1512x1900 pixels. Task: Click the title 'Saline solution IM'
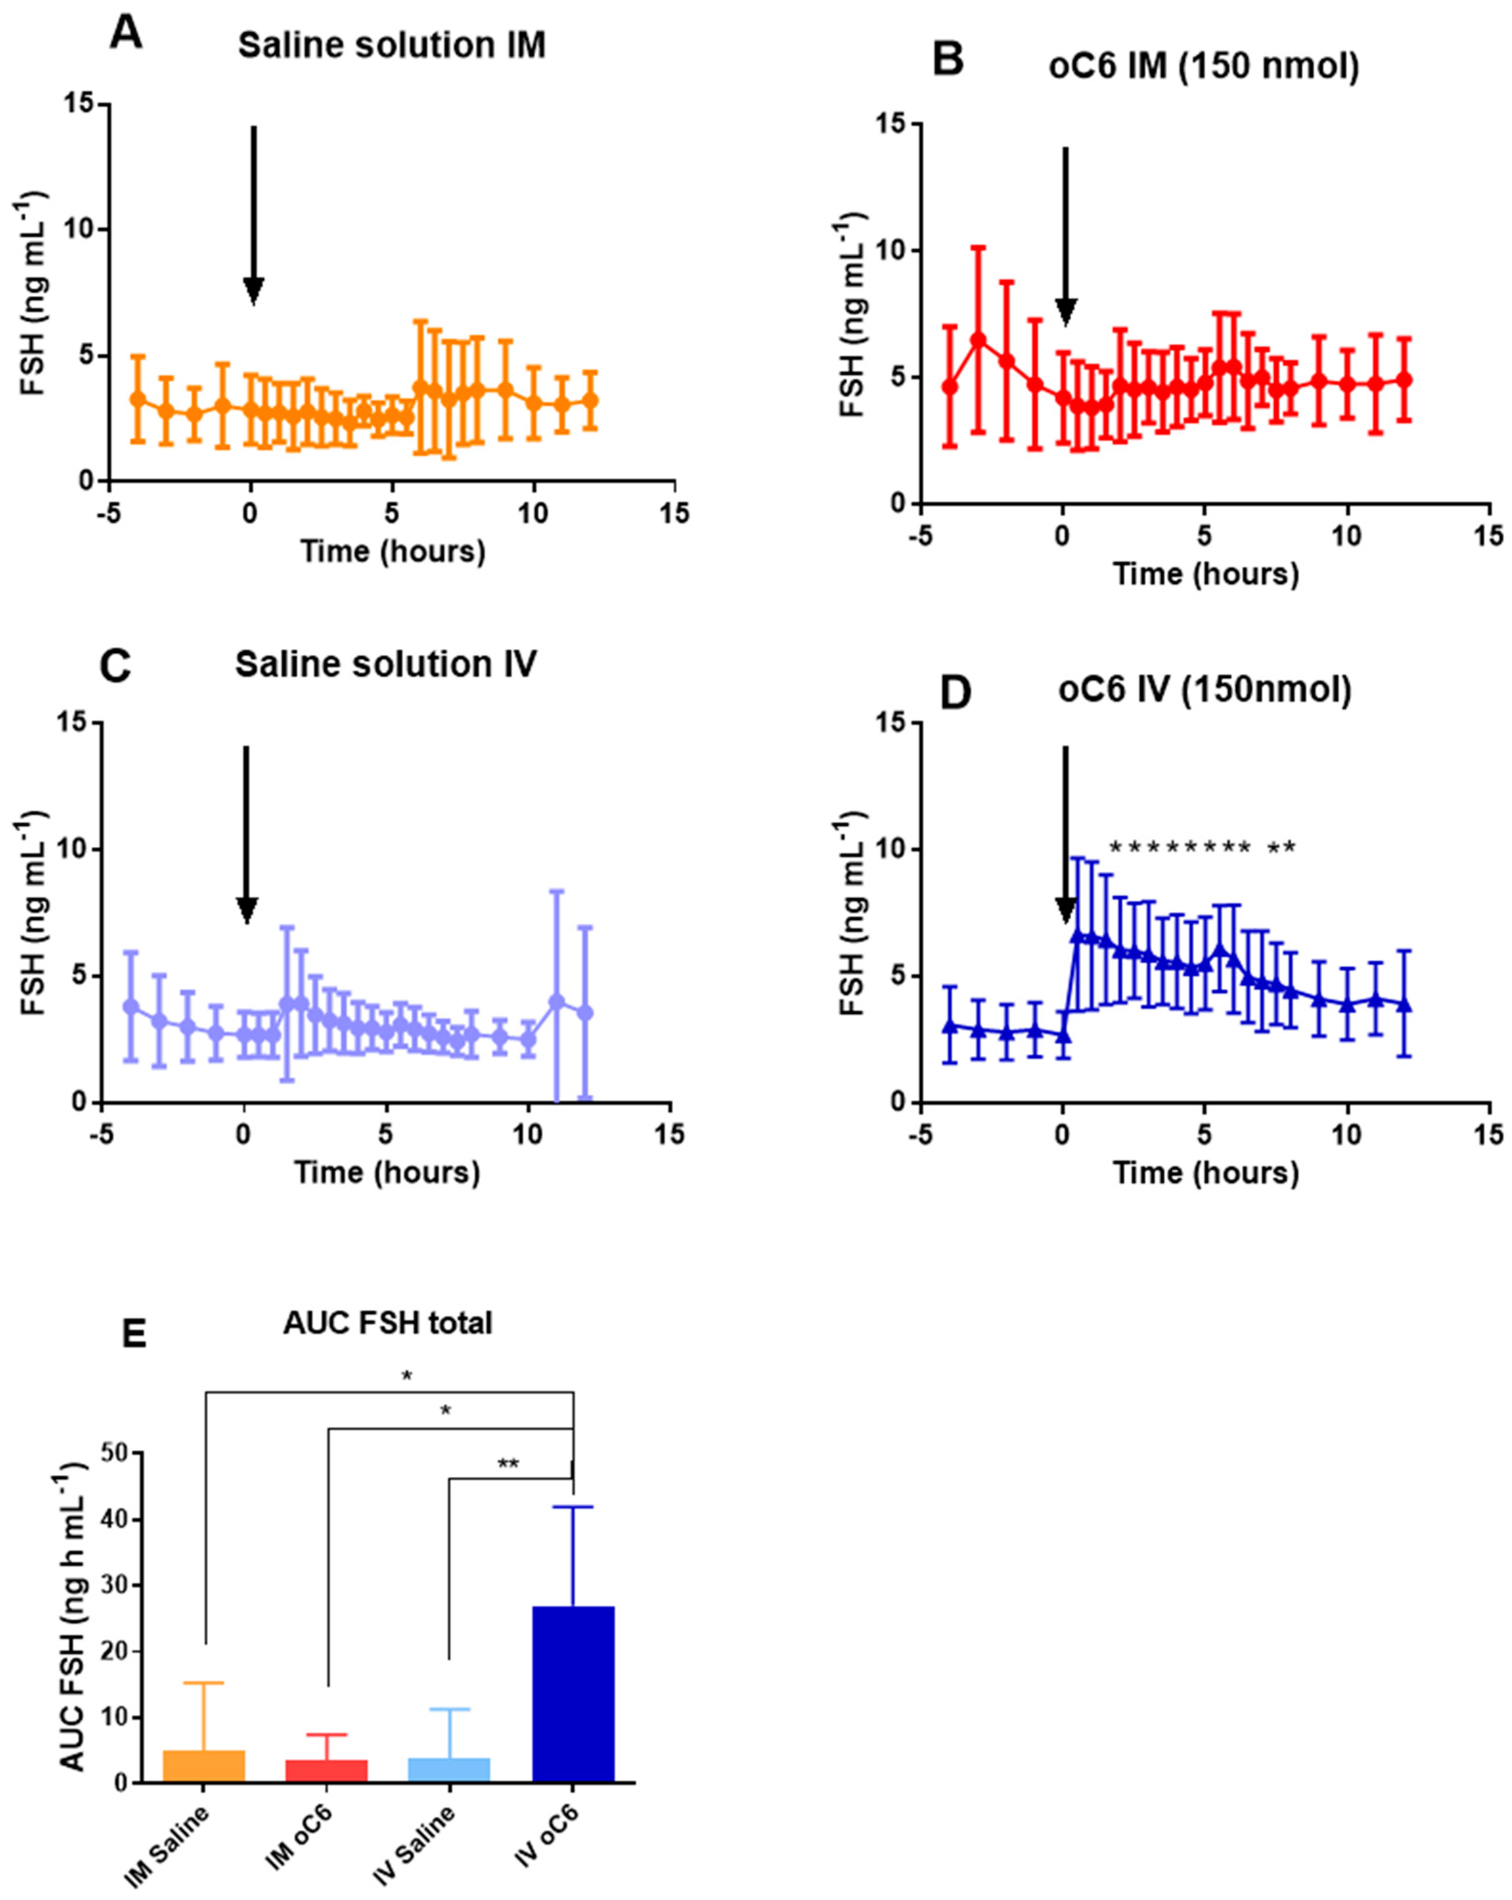[x=391, y=45]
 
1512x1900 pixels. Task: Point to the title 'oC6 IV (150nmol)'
[x=1204, y=689]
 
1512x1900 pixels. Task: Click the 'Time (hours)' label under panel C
[x=387, y=1172]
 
